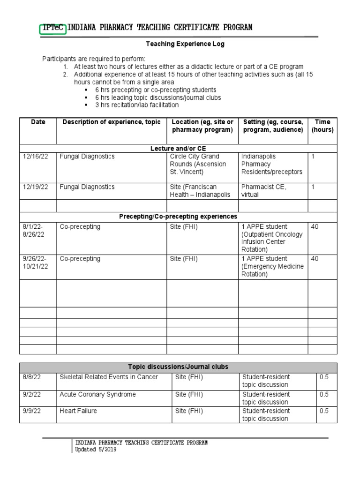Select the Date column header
coord(38,122)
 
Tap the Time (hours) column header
coord(322,126)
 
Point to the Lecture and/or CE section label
coord(178,148)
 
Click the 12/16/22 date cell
coord(35,157)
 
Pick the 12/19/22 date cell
coord(35,187)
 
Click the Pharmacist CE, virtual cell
coord(263,191)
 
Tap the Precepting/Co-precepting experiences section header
coord(178,217)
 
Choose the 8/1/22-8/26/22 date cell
coord(33,231)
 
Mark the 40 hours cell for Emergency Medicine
coord(315,259)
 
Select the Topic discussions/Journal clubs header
coord(178,367)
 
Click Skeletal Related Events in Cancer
coord(109,377)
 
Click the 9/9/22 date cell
coord(31,411)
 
